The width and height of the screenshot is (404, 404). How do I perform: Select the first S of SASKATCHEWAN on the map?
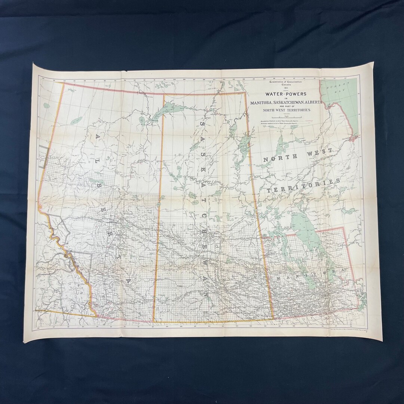coord(202,124)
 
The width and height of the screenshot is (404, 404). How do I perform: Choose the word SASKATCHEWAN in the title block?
coord(285,102)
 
